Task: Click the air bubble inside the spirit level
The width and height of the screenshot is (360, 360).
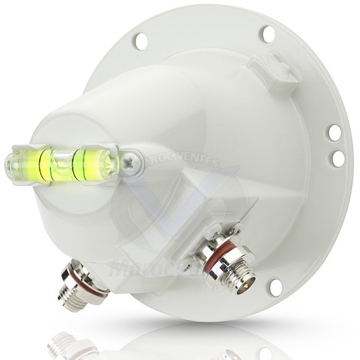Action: [62, 162]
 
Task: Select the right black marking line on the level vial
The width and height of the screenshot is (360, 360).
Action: [81, 163]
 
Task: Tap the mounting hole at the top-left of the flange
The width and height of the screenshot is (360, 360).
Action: [140, 41]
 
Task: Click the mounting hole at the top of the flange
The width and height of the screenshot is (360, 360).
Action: [267, 34]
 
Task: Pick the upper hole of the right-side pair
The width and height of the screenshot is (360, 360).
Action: [334, 133]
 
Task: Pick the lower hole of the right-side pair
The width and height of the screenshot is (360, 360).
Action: [338, 158]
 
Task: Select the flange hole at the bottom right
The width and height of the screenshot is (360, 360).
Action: [276, 287]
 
